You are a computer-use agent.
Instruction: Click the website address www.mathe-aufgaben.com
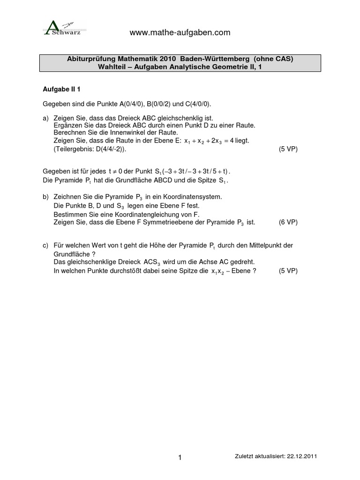[180, 32]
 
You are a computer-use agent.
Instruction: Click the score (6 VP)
[288, 222]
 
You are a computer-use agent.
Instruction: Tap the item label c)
[45, 246]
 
